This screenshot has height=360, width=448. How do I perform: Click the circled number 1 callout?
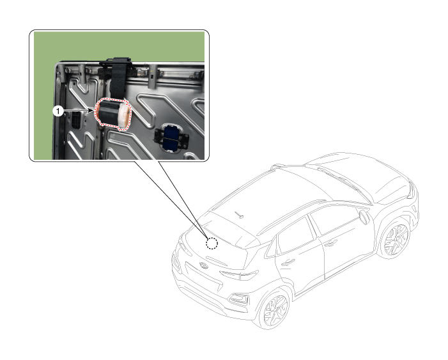[x=58, y=111]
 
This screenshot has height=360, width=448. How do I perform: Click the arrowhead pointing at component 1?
[x=92, y=111]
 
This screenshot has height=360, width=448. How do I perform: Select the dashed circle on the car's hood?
[x=212, y=244]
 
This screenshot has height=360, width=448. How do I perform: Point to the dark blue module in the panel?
[x=171, y=138]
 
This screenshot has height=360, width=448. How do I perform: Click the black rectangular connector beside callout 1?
[x=76, y=120]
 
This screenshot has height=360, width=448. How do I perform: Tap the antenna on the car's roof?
[x=239, y=215]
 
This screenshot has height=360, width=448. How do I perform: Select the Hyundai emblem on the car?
[x=204, y=265]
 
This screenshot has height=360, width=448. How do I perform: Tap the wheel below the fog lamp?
[x=275, y=309]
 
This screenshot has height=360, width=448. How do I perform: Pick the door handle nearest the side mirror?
[x=330, y=244]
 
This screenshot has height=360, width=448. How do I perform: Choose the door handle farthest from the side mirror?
[x=288, y=262]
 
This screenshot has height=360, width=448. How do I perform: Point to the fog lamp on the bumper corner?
[x=238, y=299]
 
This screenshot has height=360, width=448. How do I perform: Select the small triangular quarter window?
[x=272, y=249]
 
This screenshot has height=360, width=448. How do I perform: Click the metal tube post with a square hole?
[x=152, y=76]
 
